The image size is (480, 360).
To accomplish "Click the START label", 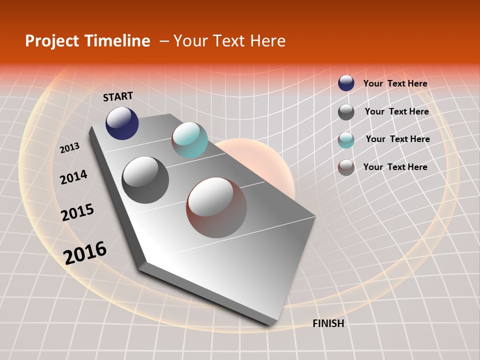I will [x=118, y=96].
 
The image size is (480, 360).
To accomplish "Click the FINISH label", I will [x=328, y=323].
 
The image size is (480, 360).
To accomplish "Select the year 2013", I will [x=69, y=148].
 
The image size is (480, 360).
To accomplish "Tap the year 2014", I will [x=73, y=177].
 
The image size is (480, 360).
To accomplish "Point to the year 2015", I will [x=77, y=212].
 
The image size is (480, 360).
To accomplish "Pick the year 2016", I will [x=85, y=253].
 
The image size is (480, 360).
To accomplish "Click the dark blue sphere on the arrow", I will [x=122, y=123].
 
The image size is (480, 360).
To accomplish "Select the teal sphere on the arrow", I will [x=189, y=140].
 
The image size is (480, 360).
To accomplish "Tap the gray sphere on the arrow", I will [x=145, y=179].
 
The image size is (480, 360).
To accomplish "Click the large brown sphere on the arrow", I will [x=216, y=207].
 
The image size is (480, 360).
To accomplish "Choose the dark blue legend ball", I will [x=346, y=83].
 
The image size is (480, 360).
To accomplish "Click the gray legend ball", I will [x=346, y=112].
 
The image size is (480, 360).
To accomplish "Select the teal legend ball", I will [x=346, y=140].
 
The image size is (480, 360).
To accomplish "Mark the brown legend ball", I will [x=346, y=167].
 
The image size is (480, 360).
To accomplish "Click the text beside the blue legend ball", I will [x=395, y=83].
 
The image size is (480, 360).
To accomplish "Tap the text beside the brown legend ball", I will [x=395, y=167].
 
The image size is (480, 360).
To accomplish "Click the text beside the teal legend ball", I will [x=397, y=139].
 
